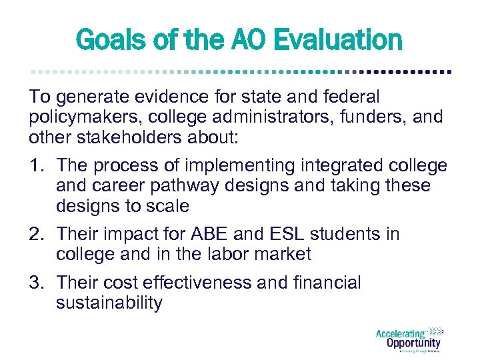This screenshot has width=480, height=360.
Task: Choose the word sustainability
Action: coord(109,303)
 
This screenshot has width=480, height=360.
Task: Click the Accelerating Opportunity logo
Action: coord(409,339)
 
